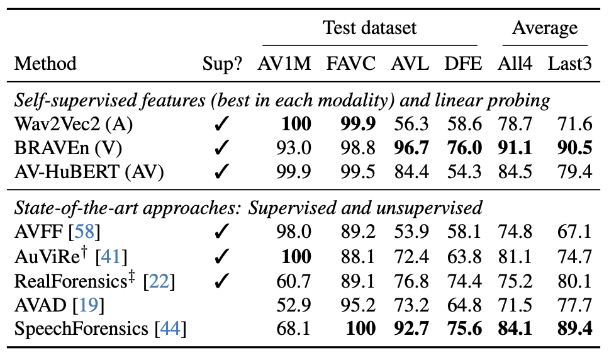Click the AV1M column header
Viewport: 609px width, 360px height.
coord(284,64)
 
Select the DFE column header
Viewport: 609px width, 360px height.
coord(463,64)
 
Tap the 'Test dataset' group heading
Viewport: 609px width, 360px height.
coord(370,28)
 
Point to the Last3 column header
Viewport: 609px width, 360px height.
coord(570,64)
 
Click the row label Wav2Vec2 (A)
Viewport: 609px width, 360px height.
coord(74,125)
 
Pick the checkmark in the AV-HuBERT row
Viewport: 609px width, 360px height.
coord(221,172)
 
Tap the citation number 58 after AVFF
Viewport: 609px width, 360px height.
coord(84,232)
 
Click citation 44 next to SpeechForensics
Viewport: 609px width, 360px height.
coord(170,329)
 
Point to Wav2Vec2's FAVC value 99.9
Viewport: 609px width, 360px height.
coord(358,124)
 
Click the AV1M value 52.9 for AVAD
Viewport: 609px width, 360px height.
coord(294,305)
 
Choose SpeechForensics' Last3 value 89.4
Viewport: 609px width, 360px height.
coord(575,329)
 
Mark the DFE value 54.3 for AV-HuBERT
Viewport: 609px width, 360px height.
coord(464,172)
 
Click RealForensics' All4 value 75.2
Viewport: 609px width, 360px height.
coord(515,281)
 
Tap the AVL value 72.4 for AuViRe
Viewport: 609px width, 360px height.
coord(411,257)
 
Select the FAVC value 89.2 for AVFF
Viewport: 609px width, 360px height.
coord(358,232)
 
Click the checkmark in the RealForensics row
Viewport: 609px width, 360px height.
coord(221,281)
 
